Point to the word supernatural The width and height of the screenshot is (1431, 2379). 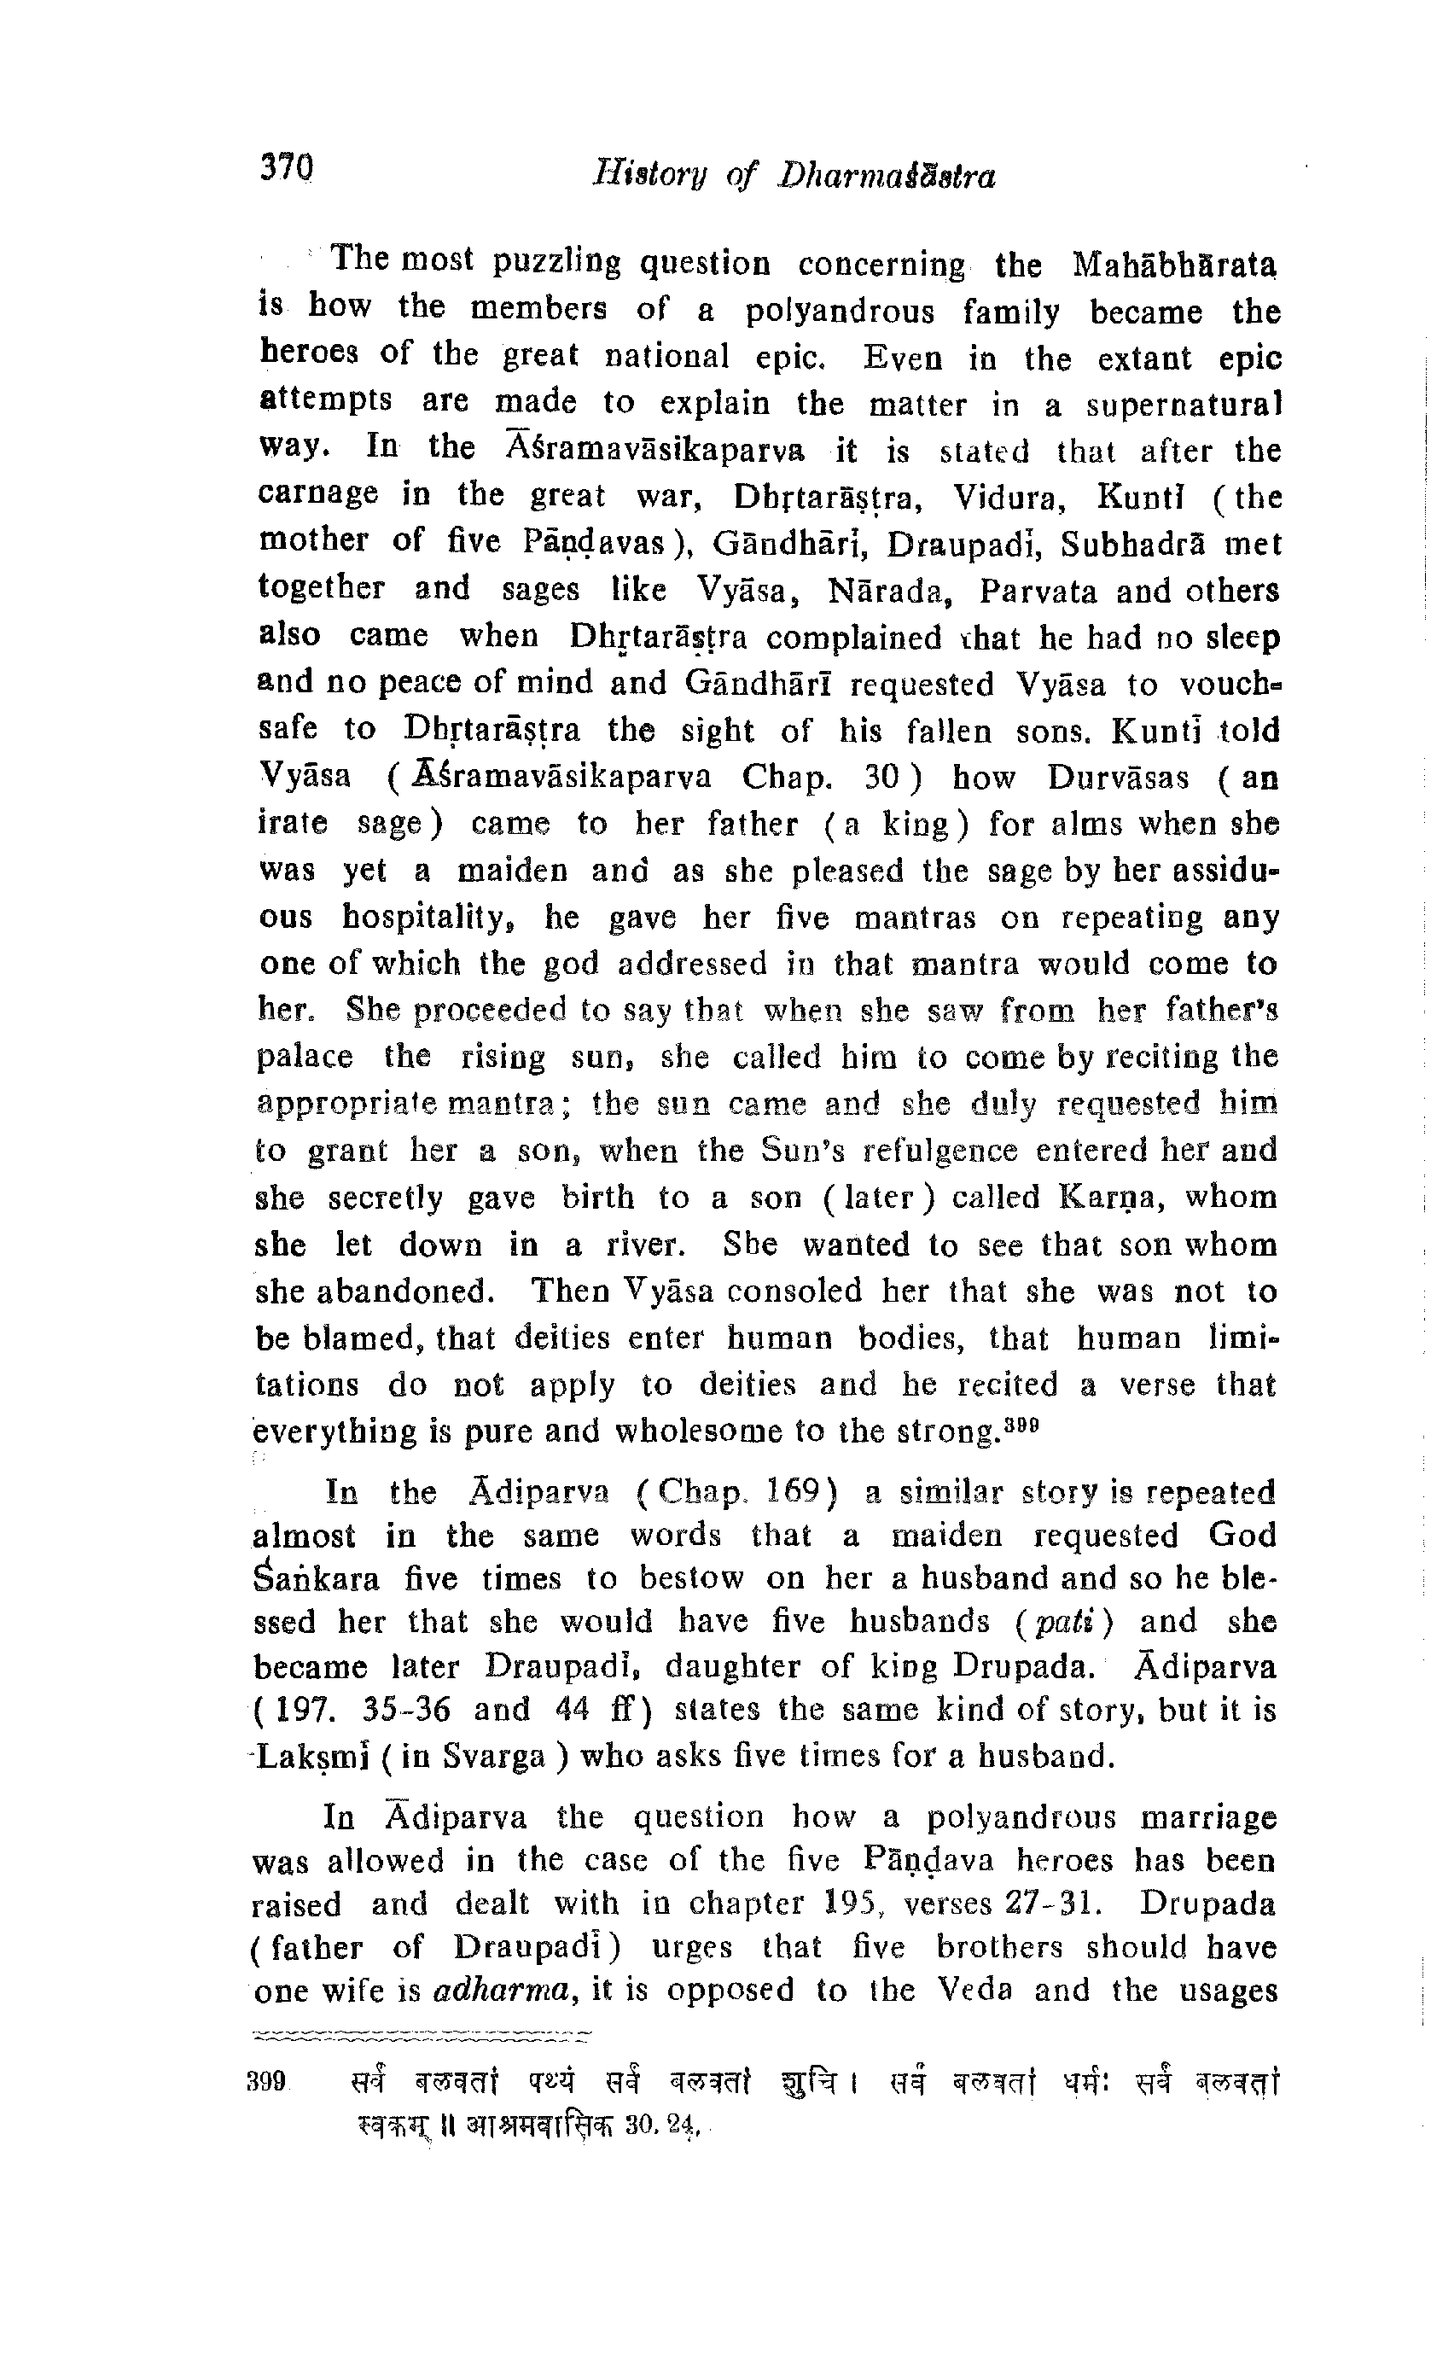click(x=1184, y=405)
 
